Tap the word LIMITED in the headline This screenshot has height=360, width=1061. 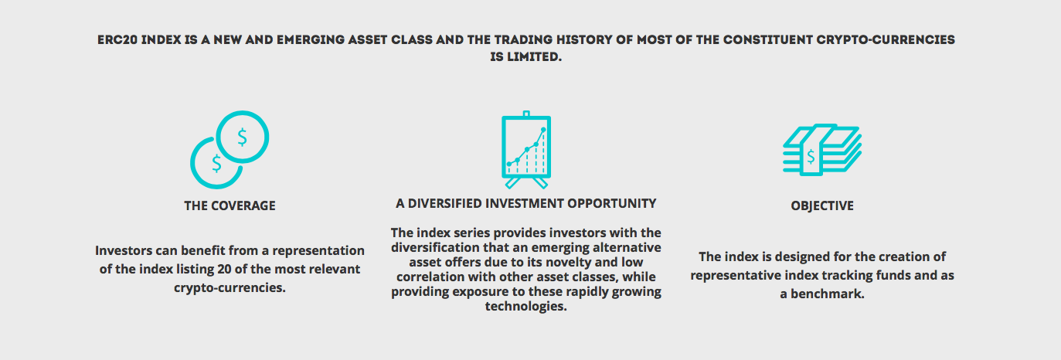(534, 57)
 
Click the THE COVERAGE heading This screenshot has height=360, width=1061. (230, 205)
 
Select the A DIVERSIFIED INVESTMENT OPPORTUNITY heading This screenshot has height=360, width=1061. (525, 203)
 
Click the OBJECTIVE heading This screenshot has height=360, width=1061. (822, 205)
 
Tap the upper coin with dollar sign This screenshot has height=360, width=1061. (243, 138)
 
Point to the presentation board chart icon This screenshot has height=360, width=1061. (526, 150)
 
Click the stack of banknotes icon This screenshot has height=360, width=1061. (822, 150)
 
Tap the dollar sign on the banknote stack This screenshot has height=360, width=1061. (811, 156)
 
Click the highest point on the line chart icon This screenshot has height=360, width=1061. (543, 129)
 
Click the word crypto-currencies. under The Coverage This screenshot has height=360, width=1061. (230, 288)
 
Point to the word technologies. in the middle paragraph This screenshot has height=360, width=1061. (525, 306)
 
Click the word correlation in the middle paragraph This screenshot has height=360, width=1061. (431, 277)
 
